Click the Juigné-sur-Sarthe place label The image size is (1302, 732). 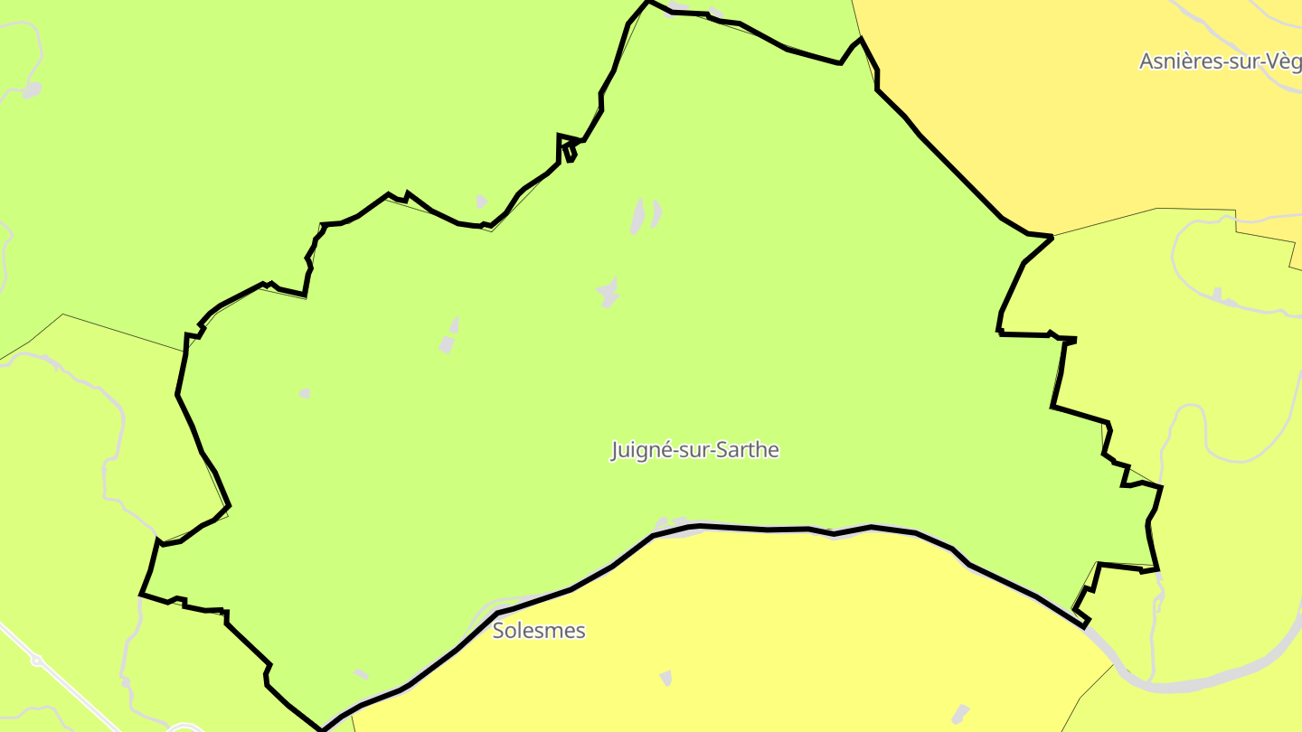(x=694, y=450)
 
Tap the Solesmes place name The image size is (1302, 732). (x=539, y=631)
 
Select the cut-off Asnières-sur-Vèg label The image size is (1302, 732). (x=1219, y=61)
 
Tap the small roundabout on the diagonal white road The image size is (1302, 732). (x=37, y=661)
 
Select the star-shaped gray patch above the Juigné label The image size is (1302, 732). (x=609, y=293)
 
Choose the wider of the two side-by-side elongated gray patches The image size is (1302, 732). (x=638, y=217)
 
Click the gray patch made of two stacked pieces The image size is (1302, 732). (x=449, y=336)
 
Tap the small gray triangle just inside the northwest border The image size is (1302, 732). (x=481, y=202)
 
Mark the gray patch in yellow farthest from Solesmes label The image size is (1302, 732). (x=960, y=714)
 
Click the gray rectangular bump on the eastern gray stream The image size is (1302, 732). (x=1218, y=295)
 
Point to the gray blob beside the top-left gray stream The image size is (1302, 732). (x=33, y=90)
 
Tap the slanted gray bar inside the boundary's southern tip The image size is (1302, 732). (x=361, y=674)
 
